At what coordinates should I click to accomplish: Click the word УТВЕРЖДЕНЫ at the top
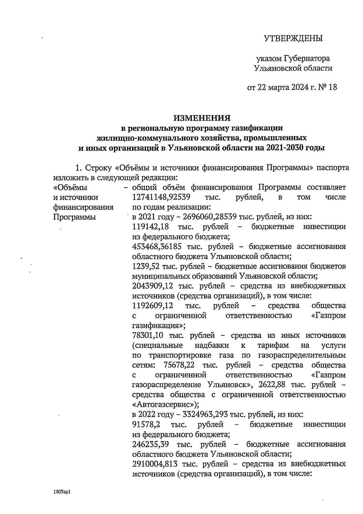[x=293, y=38]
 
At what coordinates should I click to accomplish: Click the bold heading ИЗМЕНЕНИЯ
[x=202, y=118]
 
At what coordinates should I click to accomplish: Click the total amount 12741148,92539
[x=161, y=198]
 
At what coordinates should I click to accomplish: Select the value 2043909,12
[x=153, y=286]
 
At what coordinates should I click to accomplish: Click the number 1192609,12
[x=153, y=306]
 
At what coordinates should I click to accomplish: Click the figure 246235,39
[x=151, y=444]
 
